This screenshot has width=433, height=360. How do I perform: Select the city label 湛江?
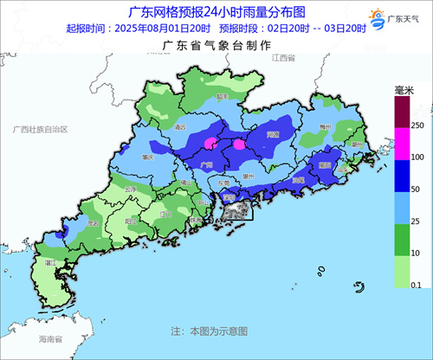(x=50, y=260)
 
